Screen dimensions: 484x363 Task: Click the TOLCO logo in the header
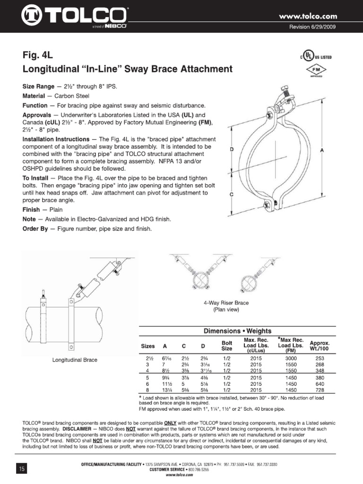(73, 17)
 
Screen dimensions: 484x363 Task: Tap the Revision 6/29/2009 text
(312, 27)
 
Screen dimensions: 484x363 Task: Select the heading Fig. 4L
(38, 54)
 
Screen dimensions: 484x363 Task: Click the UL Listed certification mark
(314, 56)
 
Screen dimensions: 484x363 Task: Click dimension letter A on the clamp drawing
(322, 150)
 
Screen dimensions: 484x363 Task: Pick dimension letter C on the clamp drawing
(231, 194)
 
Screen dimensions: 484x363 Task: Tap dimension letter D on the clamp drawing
(231, 149)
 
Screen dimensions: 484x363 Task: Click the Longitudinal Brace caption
(75, 360)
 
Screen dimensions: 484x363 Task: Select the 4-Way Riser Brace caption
(219, 302)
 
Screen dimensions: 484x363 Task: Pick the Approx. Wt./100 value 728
(320, 390)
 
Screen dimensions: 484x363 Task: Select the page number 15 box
(21, 468)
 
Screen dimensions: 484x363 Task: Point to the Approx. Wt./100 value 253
(320, 358)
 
